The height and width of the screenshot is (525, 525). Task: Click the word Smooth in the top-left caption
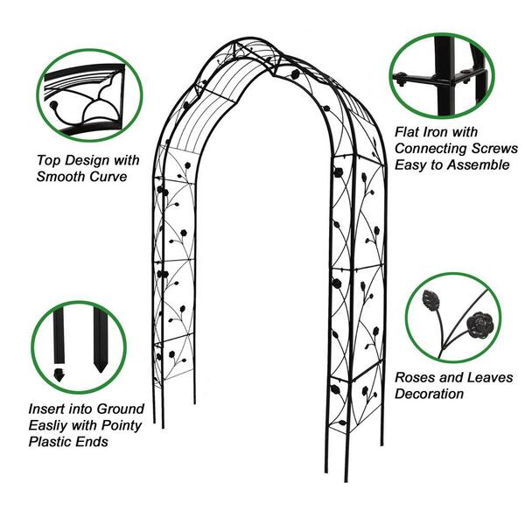[x=62, y=176]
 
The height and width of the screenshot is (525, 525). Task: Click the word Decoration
[x=429, y=394]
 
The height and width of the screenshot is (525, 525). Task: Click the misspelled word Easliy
[x=51, y=425]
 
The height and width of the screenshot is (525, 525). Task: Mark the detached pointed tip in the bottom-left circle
[x=59, y=375]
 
